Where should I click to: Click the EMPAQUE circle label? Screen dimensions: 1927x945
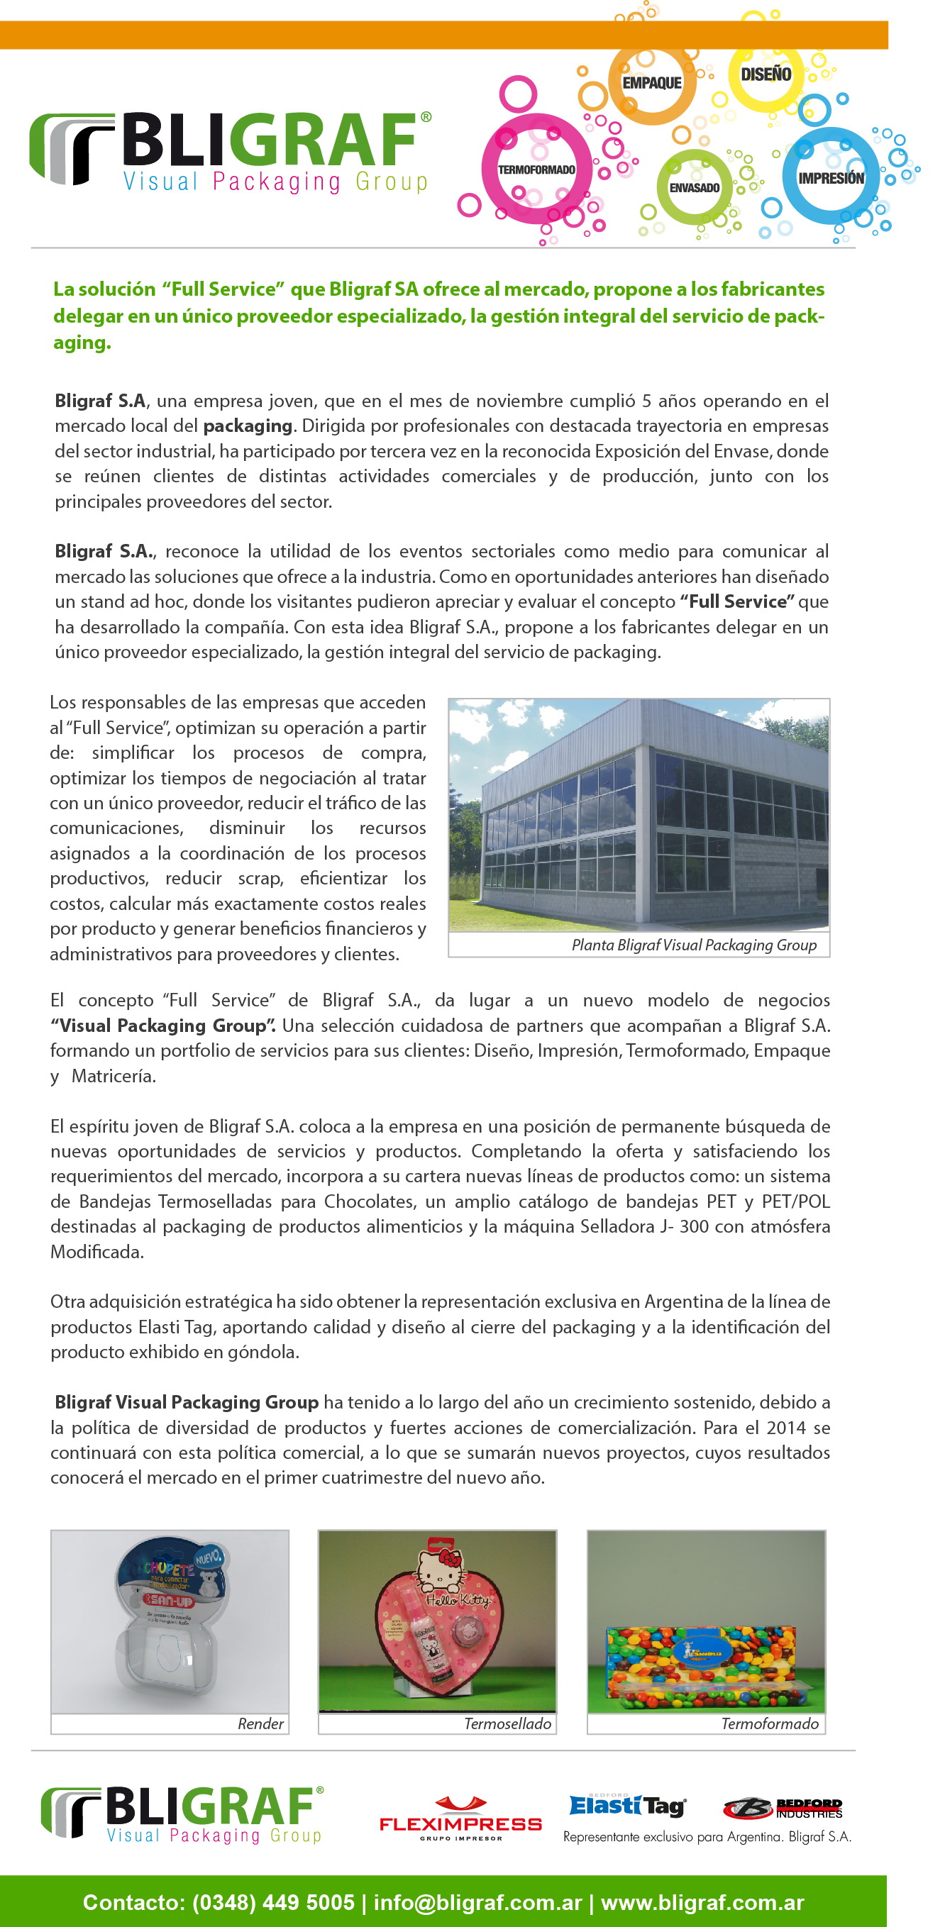[x=652, y=83]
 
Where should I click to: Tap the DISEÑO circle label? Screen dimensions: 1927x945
[x=766, y=74]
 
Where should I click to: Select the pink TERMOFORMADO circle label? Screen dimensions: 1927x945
[x=536, y=170]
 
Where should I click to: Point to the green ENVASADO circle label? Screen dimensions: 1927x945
[x=695, y=188]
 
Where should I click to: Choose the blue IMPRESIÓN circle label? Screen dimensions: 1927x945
[x=831, y=178]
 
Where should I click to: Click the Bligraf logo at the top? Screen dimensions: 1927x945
[x=231, y=152]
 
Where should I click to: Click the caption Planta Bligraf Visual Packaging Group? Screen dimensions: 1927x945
[x=694, y=945]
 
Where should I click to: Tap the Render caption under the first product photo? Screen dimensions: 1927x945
[x=260, y=1723]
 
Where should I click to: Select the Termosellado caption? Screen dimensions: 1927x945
[x=507, y=1723]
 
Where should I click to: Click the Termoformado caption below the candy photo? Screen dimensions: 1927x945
[x=769, y=1723]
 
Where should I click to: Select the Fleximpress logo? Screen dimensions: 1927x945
[x=460, y=1819]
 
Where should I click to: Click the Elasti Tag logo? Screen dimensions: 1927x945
[x=627, y=1806]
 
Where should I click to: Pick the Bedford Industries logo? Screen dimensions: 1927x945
[x=783, y=1809]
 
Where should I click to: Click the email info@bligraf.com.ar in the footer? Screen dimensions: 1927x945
[x=477, y=1902]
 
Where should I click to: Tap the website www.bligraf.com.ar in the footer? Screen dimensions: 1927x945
[x=702, y=1902]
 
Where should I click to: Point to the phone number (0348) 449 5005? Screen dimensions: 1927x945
[x=273, y=1902]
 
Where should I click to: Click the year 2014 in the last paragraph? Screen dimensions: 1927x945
[x=785, y=1427]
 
